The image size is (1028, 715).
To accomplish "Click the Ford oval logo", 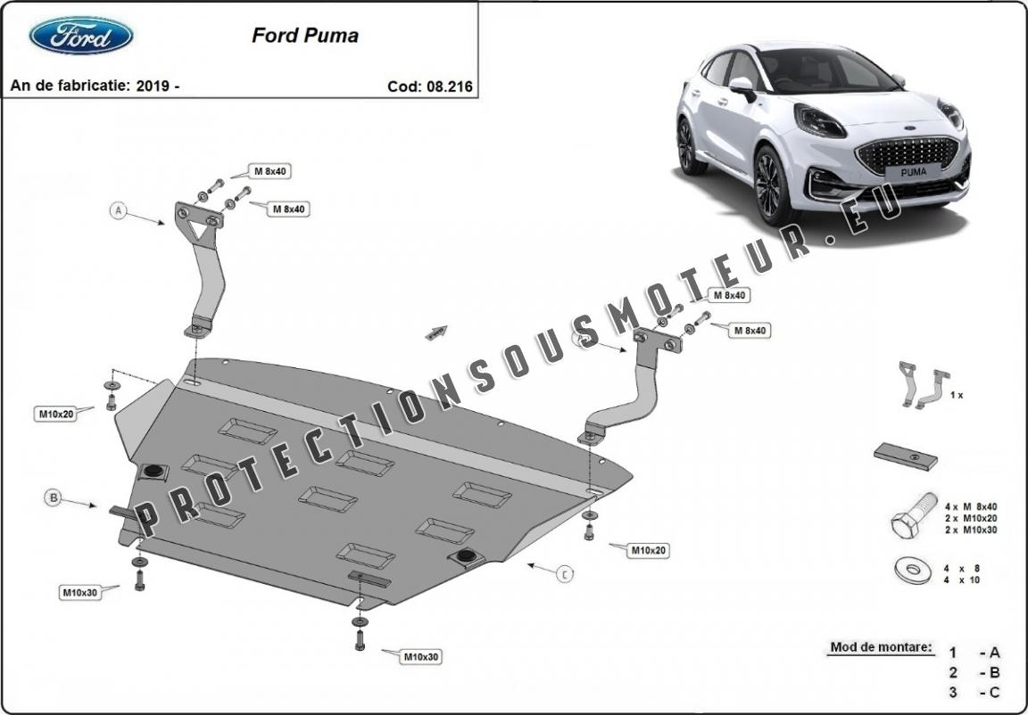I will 81,36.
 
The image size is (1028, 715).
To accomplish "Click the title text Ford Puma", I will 305,36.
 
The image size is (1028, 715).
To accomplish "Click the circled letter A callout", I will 117,211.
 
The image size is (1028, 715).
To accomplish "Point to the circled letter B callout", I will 54,498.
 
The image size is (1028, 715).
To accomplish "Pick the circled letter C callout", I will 564,575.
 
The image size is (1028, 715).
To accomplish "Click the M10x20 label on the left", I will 55,414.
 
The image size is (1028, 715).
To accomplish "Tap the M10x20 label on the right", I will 649,551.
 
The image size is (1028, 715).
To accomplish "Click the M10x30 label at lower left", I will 79,592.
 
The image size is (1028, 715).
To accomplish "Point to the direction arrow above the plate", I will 435,333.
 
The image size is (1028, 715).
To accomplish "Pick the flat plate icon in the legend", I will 905,456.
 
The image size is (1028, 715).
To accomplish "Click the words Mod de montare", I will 881,647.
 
